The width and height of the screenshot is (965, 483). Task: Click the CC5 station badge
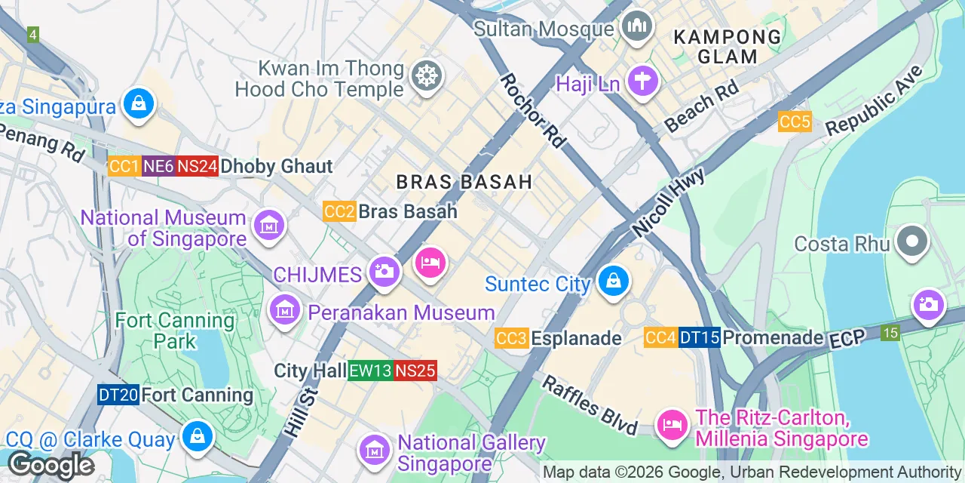795,122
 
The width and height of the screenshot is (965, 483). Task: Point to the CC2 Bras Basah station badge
339,211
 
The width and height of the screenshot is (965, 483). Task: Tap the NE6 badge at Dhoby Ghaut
158,166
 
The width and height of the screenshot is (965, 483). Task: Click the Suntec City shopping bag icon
614,283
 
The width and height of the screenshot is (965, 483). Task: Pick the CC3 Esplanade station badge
511,338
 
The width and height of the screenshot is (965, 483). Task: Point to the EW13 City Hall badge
370,371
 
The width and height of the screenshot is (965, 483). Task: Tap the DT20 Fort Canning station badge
118,395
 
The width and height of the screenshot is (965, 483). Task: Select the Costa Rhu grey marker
912,243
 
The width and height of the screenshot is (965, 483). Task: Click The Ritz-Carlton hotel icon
671,426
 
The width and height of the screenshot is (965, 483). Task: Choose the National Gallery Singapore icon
375,451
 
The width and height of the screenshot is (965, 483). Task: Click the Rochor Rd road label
533,110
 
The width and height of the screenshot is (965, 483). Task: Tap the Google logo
51,465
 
